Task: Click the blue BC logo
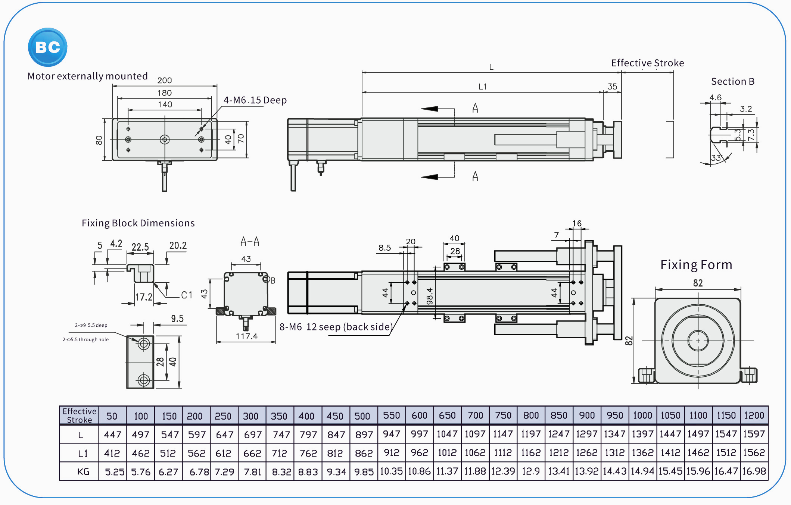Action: [48, 47]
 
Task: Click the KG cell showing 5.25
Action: [114, 472]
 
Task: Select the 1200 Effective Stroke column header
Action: [754, 415]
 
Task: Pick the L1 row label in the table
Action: [82, 454]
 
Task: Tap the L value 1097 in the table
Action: [475, 434]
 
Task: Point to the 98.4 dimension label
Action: [430, 296]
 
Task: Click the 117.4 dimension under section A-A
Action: [246, 336]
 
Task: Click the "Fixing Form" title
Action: [696, 265]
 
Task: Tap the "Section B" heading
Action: [732, 81]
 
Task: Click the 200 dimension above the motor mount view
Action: [164, 80]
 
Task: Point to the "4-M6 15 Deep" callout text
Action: [255, 100]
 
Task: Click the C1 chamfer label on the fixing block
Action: [187, 295]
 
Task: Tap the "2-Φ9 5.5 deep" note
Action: [91, 325]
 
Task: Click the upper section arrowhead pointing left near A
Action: [430, 109]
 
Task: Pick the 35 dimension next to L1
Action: [612, 87]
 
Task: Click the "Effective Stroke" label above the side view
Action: [647, 63]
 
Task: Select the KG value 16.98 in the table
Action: [754, 471]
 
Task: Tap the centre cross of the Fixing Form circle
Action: [698, 341]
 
